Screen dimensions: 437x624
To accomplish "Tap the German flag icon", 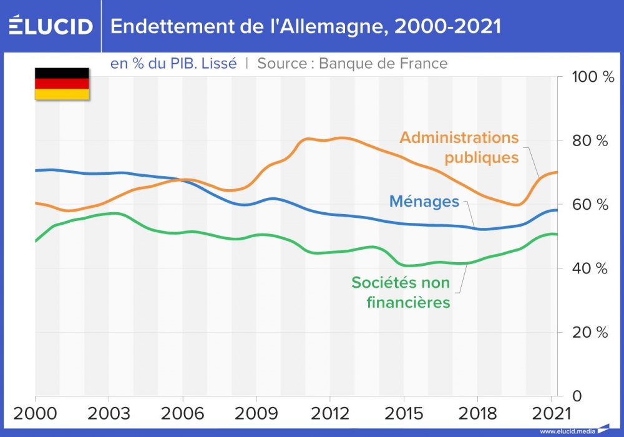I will pos(62,84).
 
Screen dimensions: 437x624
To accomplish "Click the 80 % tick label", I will pos(590,141).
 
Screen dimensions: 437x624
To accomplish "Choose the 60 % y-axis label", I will pos(590,205).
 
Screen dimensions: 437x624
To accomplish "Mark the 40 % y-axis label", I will pos(590,268).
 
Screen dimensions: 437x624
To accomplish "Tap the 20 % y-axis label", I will pos(590,332).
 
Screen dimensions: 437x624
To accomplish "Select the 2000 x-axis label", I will pos(35,415).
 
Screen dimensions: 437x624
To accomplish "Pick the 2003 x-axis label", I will pos(109,415).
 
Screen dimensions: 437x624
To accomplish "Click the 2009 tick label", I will pos(256,415).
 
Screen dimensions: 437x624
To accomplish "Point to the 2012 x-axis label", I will pos(329,415).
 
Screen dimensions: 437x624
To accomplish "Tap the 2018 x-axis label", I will pos(477,415).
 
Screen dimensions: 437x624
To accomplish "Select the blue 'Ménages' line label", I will pos(424,202).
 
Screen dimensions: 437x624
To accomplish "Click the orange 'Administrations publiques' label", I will pos(459,147).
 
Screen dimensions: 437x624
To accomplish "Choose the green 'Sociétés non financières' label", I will pos(401,292).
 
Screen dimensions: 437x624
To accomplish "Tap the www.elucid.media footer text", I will pos(567,431).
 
